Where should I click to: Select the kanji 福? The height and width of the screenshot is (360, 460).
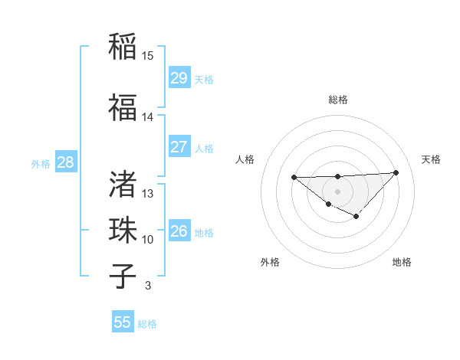tap(123, 106)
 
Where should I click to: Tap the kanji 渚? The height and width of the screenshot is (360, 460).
tap(123, 184)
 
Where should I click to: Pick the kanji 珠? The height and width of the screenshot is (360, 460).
tap(123, 230)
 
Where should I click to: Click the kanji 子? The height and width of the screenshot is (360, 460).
tap(123, 276)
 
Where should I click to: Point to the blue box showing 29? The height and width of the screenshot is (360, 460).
tap(179, 78)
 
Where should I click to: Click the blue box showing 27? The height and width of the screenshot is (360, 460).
tap(179, 147)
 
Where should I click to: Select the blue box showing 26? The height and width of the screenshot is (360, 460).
tap(179, 231)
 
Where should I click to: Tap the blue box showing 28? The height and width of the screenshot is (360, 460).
tap(65, 162)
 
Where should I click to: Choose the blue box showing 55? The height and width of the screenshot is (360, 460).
tap(123, 322)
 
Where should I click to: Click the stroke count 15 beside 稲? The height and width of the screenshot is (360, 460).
tap(148, 56)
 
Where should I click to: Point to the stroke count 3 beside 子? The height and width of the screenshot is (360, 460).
tap(147, 286)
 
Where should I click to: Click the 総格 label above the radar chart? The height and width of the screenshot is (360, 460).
tap(338, 100)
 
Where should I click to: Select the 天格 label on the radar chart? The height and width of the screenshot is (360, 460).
tap(432, 159)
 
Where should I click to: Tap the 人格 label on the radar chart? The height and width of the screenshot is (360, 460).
tap(245, 159)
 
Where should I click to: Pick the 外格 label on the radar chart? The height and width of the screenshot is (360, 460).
tap(270, 262)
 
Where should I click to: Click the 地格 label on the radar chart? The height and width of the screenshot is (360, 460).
tap(402, 262)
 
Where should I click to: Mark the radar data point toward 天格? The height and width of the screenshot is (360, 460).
tap(396, 172)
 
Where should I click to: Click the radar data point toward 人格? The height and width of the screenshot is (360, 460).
tap(294, 178)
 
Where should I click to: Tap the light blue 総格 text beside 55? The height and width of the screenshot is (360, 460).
tap(148, 324)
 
